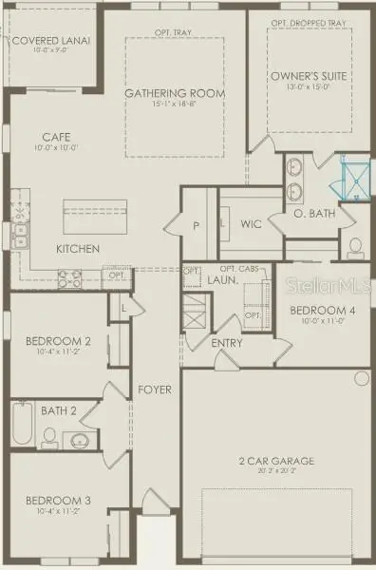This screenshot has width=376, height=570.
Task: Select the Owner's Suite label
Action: [308, 75]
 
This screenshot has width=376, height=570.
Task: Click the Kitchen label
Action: [78, 249]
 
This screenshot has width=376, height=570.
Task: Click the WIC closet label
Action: [251, 224]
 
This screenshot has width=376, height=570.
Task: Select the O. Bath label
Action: [314, 214]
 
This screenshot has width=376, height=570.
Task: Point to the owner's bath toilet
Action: [355, 249]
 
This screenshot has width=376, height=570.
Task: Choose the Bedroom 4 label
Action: [310, 311]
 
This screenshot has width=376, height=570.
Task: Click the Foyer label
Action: [155, 390]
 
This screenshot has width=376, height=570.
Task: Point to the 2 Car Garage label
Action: [275, 462]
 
